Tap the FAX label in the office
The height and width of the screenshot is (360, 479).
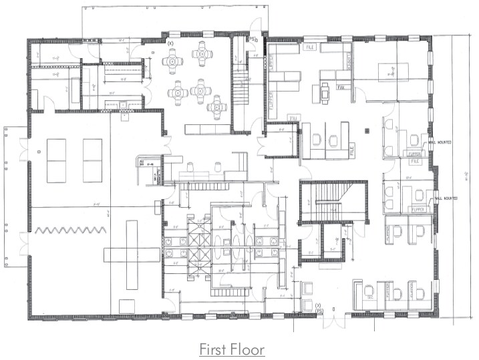tap(340, 87)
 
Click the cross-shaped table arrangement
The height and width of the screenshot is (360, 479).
tap(131, 254)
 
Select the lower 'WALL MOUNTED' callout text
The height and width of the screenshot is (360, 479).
tap(446, 198)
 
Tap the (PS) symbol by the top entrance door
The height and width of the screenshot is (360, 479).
tap(253, 41)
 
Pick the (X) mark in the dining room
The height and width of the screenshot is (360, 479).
tap(170, 43)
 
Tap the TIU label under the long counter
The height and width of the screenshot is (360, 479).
tap(273, 118)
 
